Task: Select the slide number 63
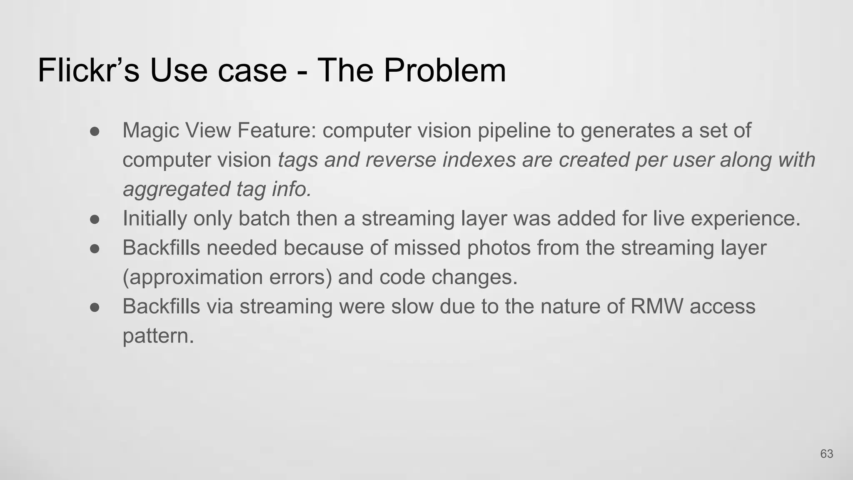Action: pos(826,454)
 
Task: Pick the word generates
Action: pos(628,130)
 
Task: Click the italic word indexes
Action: pos(479,160)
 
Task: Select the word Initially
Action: pos(155,219)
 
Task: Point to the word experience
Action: pos(746,219)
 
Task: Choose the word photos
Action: pos(499,248)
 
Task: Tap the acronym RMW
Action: pos(657,307)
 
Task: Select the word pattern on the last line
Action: pos(158,336)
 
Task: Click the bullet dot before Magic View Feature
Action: pos(95,131)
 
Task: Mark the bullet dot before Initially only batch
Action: pos(95,219)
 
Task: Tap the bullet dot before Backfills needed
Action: pos(95,249)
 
